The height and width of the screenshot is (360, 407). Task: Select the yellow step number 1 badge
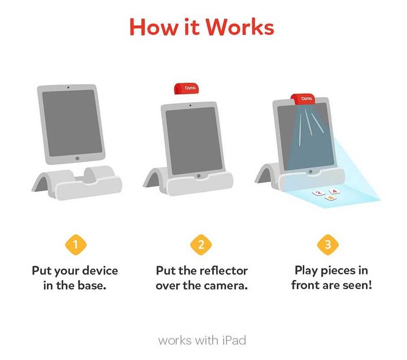click(75, 244)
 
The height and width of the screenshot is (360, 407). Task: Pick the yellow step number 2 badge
click(201, 244)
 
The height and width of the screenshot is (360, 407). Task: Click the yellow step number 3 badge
click(328, 244)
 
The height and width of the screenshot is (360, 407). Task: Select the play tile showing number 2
click(319, 193)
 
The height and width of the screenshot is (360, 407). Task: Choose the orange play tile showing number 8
click(331, 197)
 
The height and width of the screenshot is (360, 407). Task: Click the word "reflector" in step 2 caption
click(222, 271)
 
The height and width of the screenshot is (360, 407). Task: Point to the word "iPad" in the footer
click(234, 340)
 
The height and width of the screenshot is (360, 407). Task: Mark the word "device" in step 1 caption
click(99, 271)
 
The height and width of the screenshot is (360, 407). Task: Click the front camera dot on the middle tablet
click(191, 105)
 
